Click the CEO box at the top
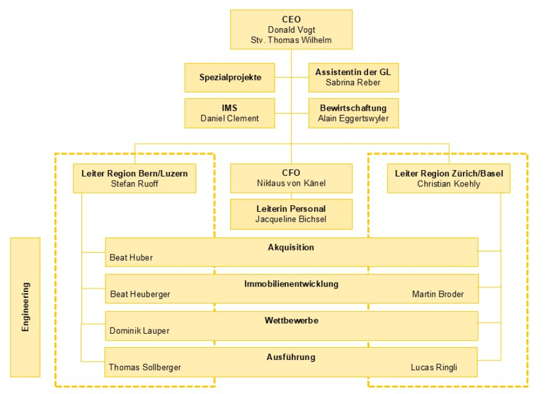click(291, 30)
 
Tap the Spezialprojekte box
click(230, 77)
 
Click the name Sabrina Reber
click(353, 83)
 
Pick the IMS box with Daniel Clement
click(230, 113)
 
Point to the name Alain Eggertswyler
click(353, 118)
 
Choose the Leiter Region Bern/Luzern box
click(135, 178)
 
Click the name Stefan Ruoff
click(135, 184)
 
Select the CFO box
click(291, 178)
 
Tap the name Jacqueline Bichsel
click(291, 219)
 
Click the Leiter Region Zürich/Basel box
click(448, 178)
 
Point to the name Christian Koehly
click(448, 184)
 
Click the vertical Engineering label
click(25, 307)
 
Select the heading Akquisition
click(291, 247)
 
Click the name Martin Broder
click(437, 294)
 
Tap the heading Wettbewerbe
click(291, 321)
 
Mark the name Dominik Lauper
click(139, 331)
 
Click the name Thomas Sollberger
click(145, 368)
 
